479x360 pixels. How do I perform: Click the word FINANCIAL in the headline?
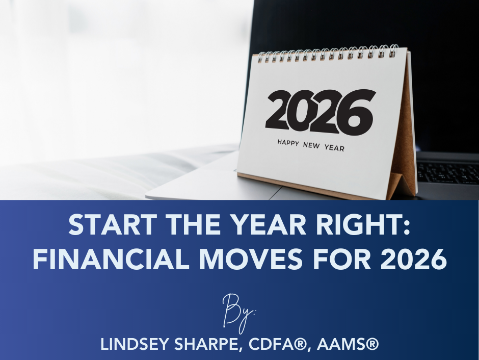(111, 259)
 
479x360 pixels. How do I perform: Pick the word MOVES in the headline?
(251, 259)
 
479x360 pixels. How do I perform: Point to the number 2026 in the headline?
(414, 259)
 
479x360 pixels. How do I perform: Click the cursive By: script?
(239, 313)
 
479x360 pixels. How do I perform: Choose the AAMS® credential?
(348, 344)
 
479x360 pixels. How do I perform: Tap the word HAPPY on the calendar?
(288, 143)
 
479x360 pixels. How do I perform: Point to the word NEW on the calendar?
(311, 145)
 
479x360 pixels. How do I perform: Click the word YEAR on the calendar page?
(334, 148)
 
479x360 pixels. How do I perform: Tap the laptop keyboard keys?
(447, 173)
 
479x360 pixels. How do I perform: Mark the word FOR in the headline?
(341, 259)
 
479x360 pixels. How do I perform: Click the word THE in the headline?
(193, 224)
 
